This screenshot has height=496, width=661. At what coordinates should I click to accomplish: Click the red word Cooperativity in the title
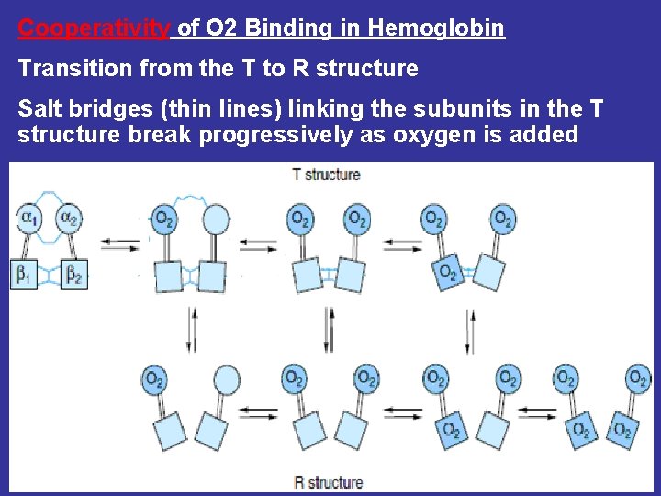pyautogui.click(x=94, y=28)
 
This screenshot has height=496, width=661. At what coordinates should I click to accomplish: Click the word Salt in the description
pyautogui.click(x=41, y=110)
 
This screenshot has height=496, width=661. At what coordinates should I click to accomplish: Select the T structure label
pyautogui.click(x=326, y=174)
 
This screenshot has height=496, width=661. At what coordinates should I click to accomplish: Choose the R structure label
pyautogui.click(x=328, y=482)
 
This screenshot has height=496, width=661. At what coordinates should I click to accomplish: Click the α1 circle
pyautogui.click(x=28, y=219)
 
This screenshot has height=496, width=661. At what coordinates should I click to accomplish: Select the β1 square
pyautogui.click(x=25, y=276)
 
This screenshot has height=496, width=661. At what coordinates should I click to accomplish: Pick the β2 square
pyautogui.click(x=73, y=276)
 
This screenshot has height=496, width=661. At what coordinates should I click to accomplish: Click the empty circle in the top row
pyautogui.click(x=215, y=220)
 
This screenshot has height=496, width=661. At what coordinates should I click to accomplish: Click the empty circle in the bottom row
pyautogui.click(x=226, y=378)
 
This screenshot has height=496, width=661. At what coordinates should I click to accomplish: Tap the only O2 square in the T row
pyautogui.click(x=447, y=272)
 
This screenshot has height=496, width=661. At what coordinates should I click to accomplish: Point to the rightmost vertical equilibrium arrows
pyautogui.click(x=471, y=325)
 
